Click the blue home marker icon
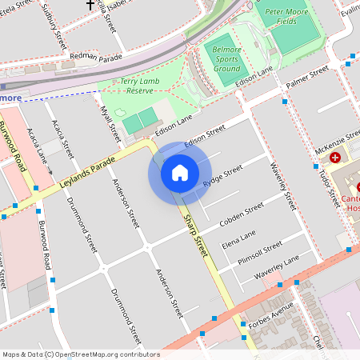click(180, 173)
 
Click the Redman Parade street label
click(96, 57)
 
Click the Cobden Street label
click(242, 213)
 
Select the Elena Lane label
click(238, 238)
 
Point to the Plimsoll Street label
click(261, 249)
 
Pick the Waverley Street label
click(283, 185)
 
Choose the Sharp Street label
click(195, 234)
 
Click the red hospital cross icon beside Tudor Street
click(335, 158)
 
